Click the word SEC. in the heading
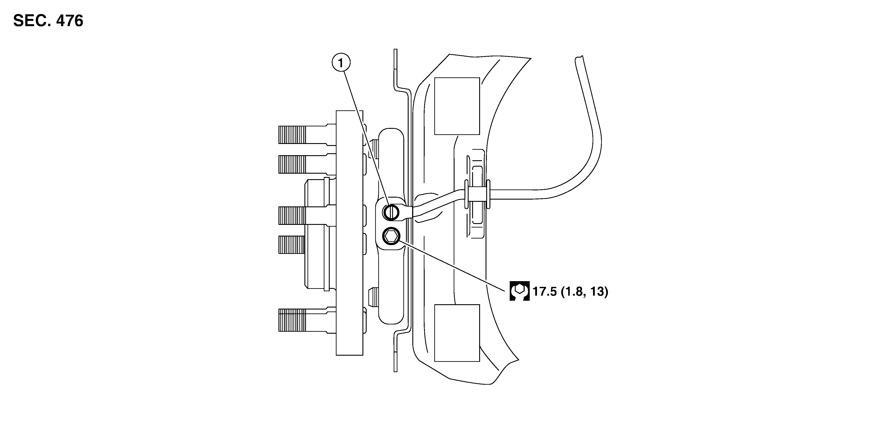pos(32,21)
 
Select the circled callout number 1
pos(341,63)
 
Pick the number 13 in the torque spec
pos(596,291)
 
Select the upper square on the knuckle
pos(457,106)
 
